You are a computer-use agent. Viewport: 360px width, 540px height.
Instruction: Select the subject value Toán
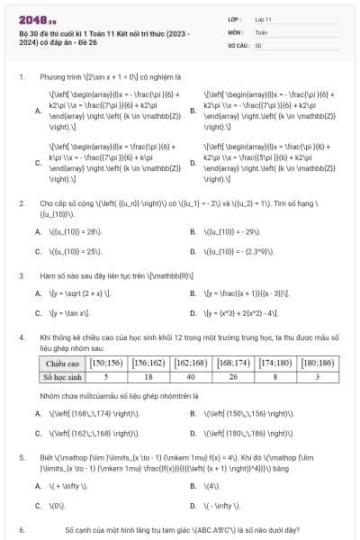click(261, 31)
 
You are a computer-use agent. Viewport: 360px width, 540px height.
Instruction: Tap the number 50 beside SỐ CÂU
click(258, 44)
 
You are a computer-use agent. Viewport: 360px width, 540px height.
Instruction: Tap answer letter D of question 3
click(193, 313)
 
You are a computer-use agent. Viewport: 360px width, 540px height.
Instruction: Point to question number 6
click(21, 531)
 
